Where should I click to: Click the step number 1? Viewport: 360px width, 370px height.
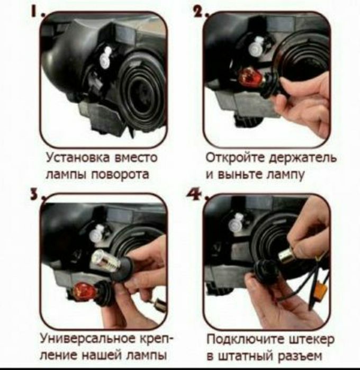coord(33,12)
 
